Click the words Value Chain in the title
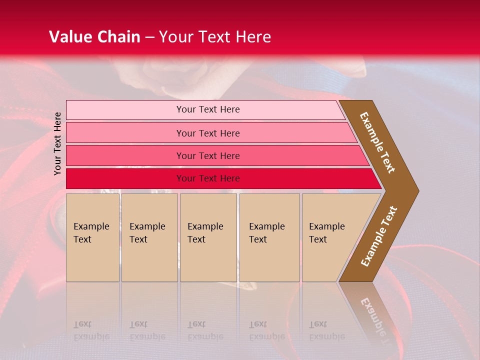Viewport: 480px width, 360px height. [x=94, y=37]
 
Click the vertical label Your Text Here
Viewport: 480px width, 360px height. [x=57, y=143]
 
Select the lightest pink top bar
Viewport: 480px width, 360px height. [x=125, y=110]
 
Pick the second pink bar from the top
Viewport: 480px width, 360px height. [x=125, y=133]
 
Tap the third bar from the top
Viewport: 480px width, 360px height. [x=125, y=155]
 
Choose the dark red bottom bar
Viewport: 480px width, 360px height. [x=125, y=178]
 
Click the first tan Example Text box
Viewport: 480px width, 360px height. [x=92, y=237]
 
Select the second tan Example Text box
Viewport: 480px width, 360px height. [x=149, y=237]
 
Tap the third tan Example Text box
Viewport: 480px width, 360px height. [x=208, y=237]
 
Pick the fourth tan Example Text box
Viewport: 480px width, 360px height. [x=269, y=237]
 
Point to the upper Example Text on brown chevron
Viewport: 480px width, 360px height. [x=377, y=142]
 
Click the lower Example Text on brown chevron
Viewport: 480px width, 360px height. [x=379, y=236]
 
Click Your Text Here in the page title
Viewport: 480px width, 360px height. [x=215, y=37]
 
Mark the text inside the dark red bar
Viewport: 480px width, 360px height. [x=208, y=178]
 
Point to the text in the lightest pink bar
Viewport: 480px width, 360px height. [x=208, y=109]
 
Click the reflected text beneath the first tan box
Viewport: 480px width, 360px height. [x=91, y=330]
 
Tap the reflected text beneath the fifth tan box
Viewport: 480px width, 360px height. [x=327, y=330]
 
